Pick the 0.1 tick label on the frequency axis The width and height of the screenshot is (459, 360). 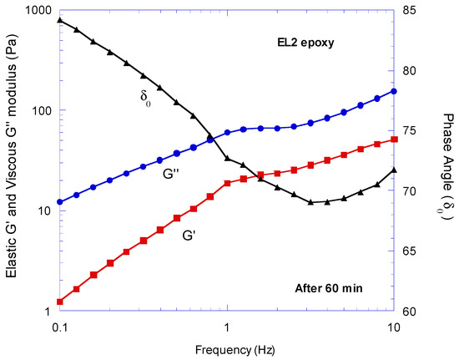59,324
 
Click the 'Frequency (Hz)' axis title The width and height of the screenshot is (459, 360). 225,347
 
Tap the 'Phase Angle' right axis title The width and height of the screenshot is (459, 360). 441,159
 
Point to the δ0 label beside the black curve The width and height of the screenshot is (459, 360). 146,95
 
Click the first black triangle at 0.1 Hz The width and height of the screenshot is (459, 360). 59,20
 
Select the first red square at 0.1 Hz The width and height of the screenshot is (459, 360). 59,302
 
